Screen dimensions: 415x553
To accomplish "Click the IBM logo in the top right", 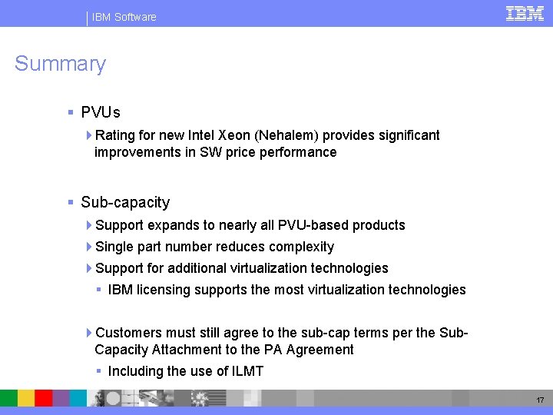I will click(525, 13).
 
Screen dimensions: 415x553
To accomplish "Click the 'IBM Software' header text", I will click(124, 17).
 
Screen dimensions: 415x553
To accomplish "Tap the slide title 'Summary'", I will click(60, 64).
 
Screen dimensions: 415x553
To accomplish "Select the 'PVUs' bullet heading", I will click(101, 113).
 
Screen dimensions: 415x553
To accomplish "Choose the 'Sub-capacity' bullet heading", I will click(125, 203).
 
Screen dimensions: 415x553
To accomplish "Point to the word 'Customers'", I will click(127, 333).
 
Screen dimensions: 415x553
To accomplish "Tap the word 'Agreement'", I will click(319, 350).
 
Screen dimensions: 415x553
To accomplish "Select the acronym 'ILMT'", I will click(247, 371).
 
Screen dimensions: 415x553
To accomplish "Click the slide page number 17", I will click(541, 400).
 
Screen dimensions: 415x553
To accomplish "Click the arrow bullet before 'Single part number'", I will click(89, 247).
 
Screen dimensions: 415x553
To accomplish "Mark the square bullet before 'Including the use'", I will click(99, 371).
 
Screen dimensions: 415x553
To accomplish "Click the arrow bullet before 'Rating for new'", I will click(89, 135).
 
